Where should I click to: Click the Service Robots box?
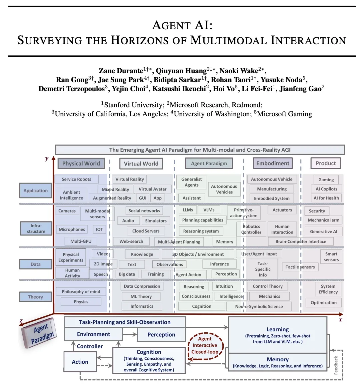[x=76, y=179]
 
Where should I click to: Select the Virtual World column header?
[x=141, y=164]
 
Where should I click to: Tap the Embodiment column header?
[x=273, y=163]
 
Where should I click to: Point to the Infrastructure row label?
[x=36, y=228]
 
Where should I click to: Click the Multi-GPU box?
[x=81, y=241]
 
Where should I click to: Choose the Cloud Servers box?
[x=146, y=231]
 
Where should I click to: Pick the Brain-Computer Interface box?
[x=301, y=241]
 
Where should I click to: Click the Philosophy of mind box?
[x=81, y=291]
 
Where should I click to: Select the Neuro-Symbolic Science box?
[x=259, y=306]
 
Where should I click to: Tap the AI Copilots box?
[x=326, y=189]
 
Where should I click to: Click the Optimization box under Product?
[x=323, y=303]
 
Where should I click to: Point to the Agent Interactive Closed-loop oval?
[x=205, y=345]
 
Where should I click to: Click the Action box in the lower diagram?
[x=80, y=362]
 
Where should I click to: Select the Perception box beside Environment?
[x=161, y=335]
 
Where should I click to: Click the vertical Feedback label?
[x=336, y=365]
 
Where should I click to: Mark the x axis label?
[x=340, y=320]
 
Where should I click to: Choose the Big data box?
[x=127, y=274]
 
